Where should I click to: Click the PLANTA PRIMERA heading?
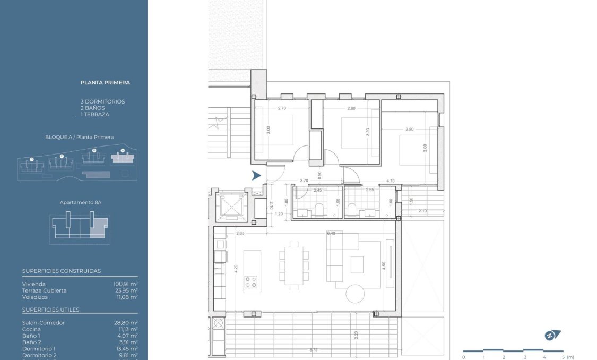point(105,82)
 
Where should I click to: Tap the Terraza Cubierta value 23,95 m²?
point(125,290)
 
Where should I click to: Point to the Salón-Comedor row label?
point(44,323)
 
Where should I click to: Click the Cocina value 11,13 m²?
point(127,329)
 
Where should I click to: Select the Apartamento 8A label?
point(80,203)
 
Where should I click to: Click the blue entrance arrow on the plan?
point(256,176)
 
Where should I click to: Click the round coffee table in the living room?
point(355,294)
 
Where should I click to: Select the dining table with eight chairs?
point(293,265)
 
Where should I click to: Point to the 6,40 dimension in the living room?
point(332,233)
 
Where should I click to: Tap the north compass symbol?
point(552,335)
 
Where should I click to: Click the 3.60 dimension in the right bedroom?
point(425,149)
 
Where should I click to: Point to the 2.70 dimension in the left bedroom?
point(282,108)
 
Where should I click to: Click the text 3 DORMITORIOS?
point(102,101)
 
